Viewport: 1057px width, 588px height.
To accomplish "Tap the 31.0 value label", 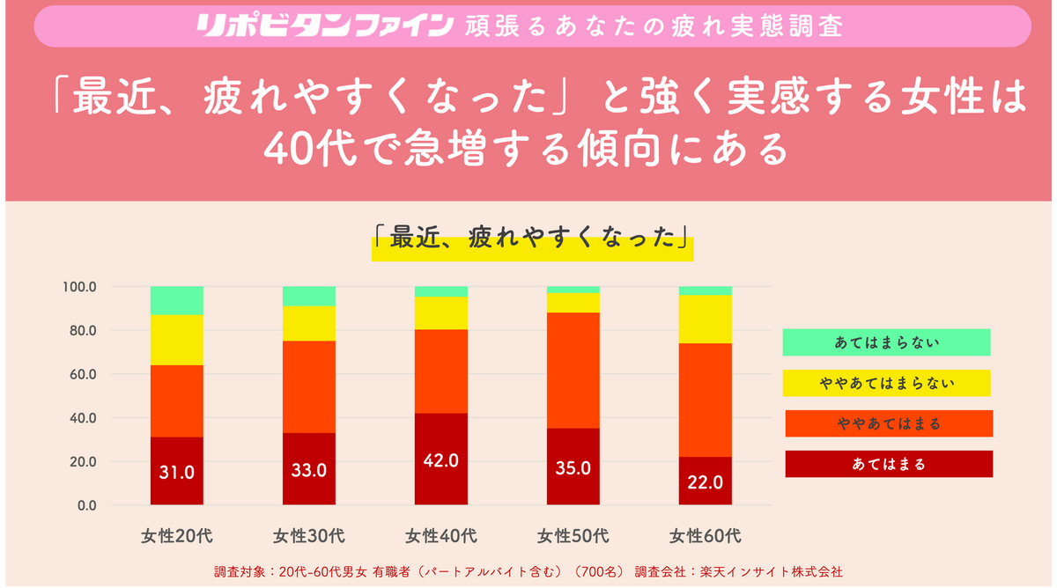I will (177, 472).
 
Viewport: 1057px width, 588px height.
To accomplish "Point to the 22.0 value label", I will (706, 481).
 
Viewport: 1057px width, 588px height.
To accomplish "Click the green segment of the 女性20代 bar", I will (177, 300).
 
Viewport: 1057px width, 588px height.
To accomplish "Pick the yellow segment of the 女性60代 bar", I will (706, 319).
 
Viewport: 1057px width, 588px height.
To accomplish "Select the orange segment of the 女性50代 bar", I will (573, 370).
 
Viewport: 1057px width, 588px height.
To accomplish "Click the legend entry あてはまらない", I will (886, 342).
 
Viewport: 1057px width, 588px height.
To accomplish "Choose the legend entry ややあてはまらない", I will (886, 383).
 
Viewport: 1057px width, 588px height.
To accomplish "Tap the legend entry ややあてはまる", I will (889, 423).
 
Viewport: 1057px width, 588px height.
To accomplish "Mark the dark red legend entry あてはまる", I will (889, 464).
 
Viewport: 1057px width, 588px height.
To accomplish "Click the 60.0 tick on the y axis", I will (82, 374).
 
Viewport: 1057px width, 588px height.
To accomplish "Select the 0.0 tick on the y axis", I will (85, 505).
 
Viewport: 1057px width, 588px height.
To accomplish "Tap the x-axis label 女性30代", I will (308, 535).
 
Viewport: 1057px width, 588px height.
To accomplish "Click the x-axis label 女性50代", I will (573, 535).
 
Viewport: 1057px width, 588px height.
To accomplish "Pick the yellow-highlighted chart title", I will (532, 238).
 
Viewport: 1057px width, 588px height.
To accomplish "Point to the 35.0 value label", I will (573, 468).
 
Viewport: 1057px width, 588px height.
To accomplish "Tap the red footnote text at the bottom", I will (528, 571).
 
